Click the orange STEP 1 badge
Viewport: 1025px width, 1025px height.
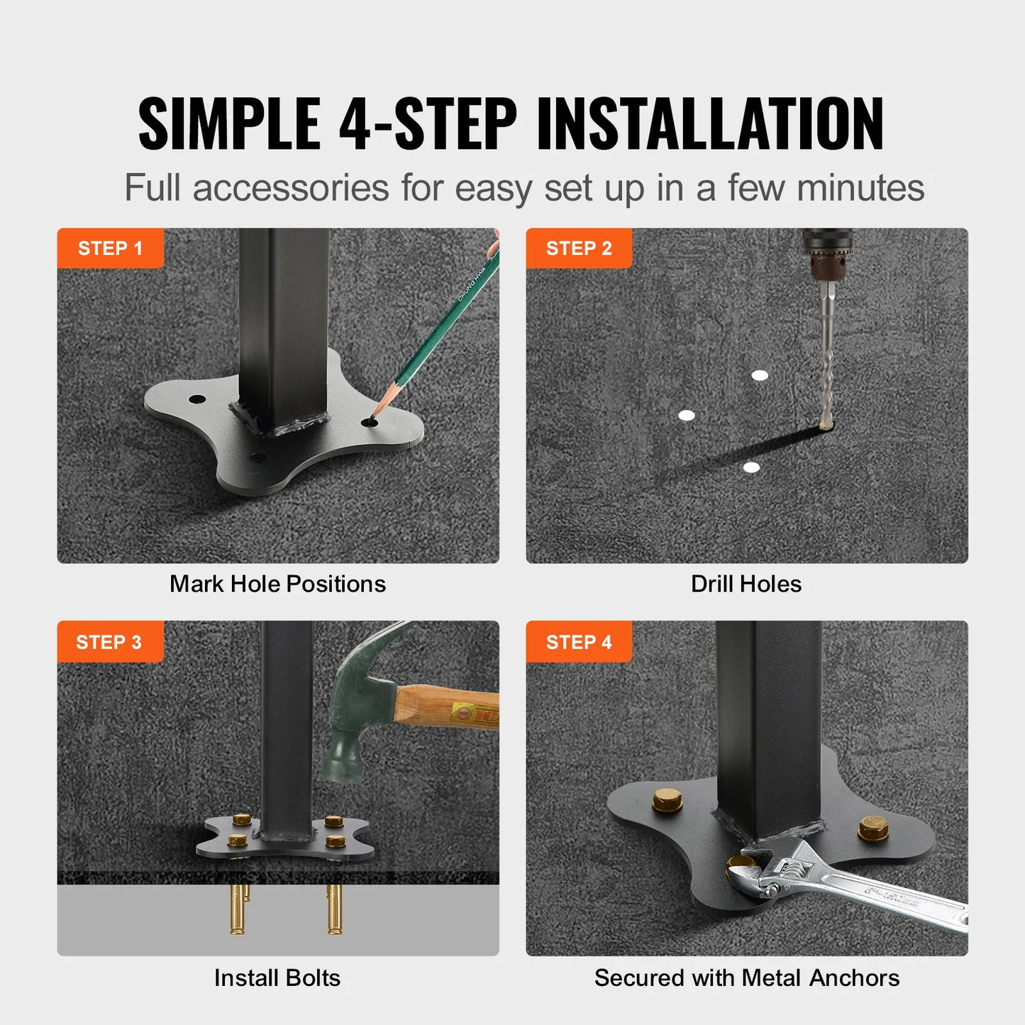pos(110,248)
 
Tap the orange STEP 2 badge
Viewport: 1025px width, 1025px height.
pos(579,248)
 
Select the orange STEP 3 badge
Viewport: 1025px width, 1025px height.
pos(109,642)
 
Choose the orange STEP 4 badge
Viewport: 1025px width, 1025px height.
pos(579,642)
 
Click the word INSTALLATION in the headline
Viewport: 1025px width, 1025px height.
pos(710,124)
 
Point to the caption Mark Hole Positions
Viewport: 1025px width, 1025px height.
pos(277,584)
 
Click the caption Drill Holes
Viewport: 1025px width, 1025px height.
pos(746,584)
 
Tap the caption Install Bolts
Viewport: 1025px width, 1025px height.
pos(277,977)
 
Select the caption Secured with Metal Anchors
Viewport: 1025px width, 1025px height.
pos(747,977)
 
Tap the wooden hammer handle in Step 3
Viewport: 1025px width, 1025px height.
pos(447,709)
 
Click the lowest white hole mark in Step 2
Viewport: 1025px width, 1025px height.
pos(751,467)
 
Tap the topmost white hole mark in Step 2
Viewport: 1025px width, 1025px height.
pos(760,375)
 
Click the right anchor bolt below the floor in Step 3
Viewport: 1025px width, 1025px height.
pos(335,909)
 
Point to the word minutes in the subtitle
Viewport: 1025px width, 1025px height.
pos(860,188)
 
